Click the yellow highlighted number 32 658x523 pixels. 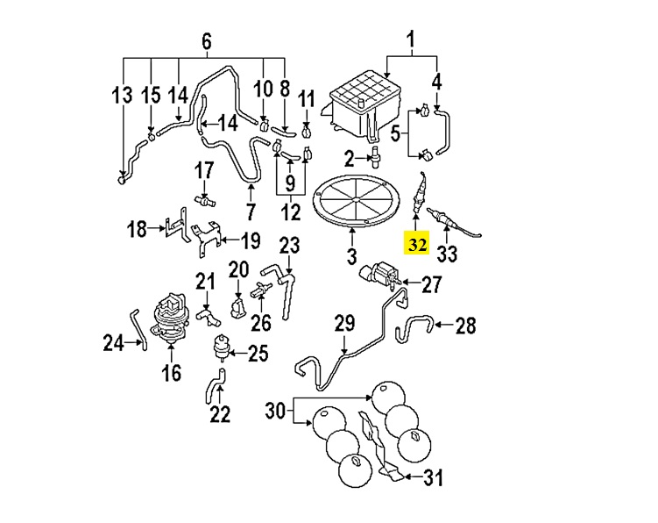click(416, 244)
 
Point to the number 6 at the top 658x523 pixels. click(207, 41)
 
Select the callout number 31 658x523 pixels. click(432, 478)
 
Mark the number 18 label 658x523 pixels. click(138, 230)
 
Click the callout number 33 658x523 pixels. click(447, 254)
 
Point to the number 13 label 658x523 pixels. click(123, 94)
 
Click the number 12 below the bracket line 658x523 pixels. click(290, 211)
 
